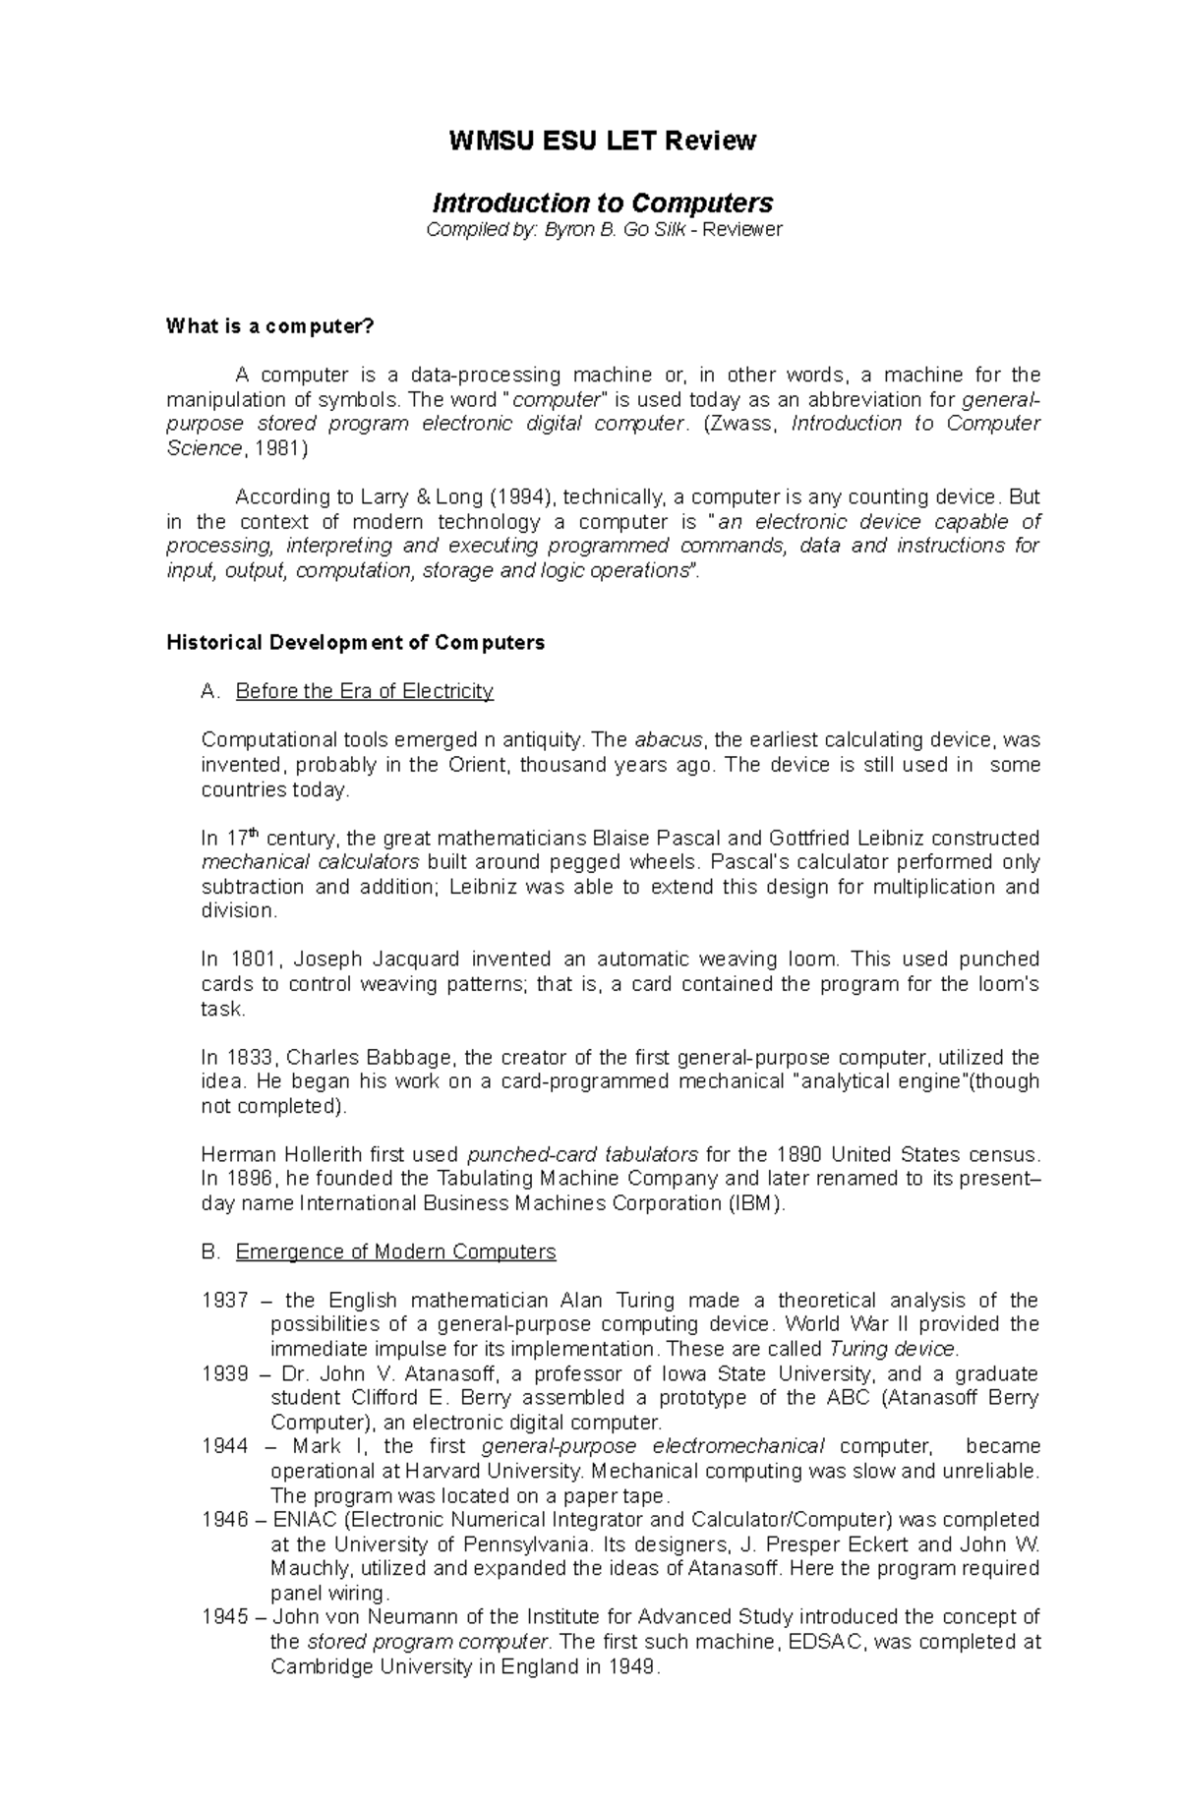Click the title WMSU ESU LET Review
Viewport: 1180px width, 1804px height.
pos(602,141)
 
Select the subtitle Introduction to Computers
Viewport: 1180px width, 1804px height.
pos(603,203)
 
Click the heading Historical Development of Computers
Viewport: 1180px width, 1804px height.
pos(355,643)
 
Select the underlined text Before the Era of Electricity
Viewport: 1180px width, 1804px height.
pos(364,691)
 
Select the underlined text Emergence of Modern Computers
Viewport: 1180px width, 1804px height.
pos(395,1252)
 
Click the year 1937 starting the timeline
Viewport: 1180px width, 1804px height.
pos(224,1301)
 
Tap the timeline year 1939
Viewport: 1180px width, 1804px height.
pos(224,1373)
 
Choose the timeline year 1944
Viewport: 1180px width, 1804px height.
pos(224,1446)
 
